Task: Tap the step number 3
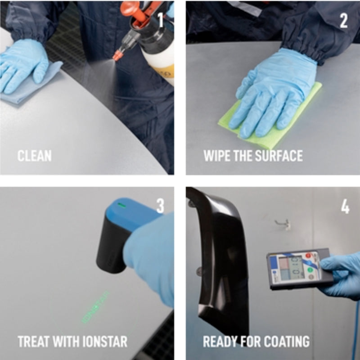coord(160,207)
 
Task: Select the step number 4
coord(345,207)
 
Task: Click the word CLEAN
coord(34,156)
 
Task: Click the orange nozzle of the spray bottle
coord(118,55)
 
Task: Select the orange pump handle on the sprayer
coord(130,8)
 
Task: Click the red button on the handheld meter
coord(309,256)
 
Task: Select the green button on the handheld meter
coord(310,270)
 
